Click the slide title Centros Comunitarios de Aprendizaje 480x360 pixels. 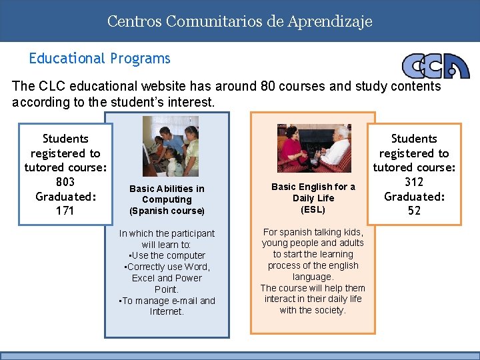click(239, 21)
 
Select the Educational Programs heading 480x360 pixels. click(99, 59)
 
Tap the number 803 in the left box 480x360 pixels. click(65, 182)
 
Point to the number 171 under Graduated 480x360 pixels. click(65, 211)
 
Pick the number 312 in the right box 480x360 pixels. click(414, 182)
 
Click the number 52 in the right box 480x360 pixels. click(414, 211)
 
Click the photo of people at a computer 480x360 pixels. click(171, 147)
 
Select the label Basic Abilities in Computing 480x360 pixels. click(167, 194)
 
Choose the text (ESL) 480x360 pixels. click(313, 209)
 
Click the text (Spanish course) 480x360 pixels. click(167, 211)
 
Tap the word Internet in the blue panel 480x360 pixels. click(167, 311)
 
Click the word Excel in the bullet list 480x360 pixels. click(143, 278)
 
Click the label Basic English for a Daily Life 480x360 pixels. click(313, 192)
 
